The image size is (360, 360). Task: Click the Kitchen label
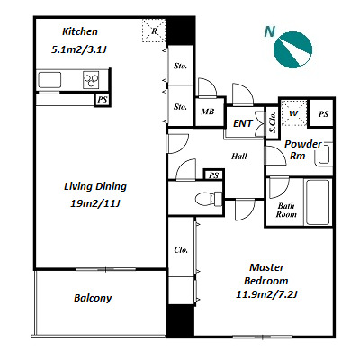80,31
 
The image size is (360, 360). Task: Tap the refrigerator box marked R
154,31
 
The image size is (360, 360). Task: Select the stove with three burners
91,80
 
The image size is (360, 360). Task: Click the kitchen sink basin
49,80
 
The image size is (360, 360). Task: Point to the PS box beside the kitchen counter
103,100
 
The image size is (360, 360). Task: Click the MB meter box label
208,112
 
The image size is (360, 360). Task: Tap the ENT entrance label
243,123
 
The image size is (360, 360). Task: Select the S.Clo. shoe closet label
273,122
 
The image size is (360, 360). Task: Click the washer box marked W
293,113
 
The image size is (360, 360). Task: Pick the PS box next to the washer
322,113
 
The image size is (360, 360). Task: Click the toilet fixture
209,198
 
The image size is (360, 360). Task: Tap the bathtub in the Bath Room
318,202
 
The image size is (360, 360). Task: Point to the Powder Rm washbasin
324,154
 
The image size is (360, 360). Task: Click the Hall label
239,156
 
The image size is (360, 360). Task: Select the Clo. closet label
181,250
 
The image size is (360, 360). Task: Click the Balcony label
93,298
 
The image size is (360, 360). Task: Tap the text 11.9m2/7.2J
266,294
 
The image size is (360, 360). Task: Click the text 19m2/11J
95,203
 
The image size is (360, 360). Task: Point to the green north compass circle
293,49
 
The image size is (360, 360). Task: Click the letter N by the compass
270,31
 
